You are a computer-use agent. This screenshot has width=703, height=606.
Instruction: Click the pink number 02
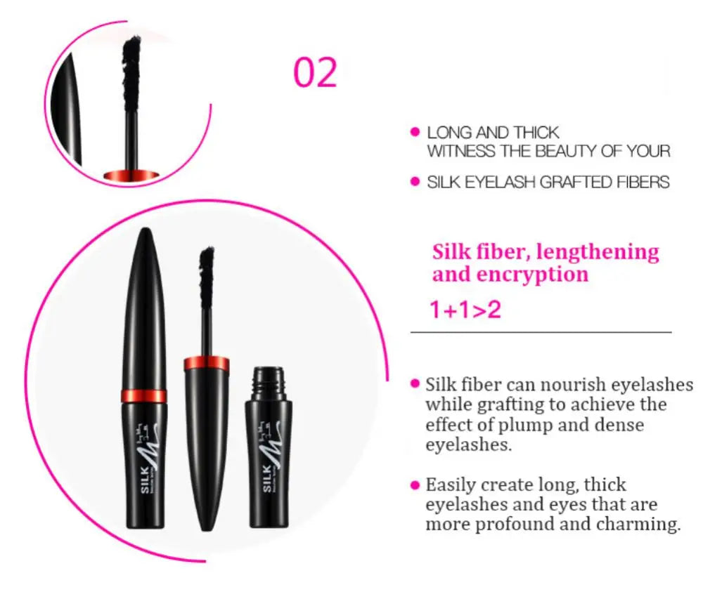[315, 73]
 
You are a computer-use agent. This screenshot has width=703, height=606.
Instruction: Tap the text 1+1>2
[465, 310]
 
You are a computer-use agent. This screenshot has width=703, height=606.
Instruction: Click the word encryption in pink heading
[532, 274]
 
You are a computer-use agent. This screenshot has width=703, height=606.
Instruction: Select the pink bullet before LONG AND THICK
[414, 132]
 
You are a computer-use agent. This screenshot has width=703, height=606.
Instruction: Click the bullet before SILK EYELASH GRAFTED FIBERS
[414, 182]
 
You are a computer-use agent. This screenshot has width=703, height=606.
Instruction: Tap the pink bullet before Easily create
[415, 485]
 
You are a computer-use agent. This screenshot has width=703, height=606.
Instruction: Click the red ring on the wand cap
[206, 364]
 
